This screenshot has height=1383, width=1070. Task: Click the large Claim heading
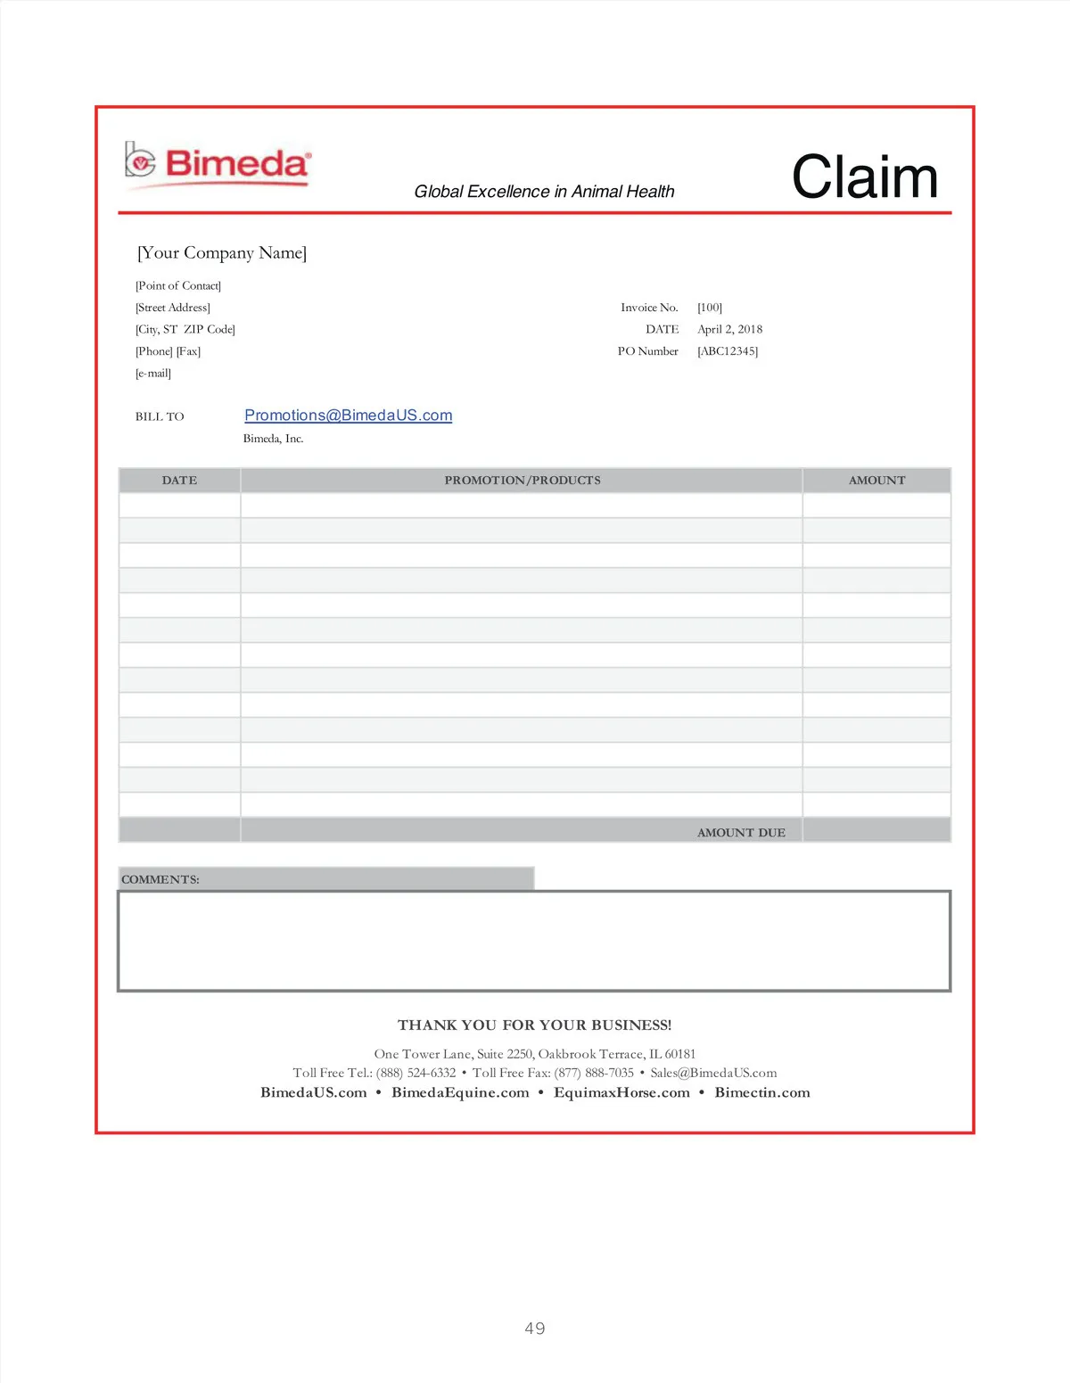click(864, 177)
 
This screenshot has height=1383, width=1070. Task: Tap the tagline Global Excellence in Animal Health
click(544, 192)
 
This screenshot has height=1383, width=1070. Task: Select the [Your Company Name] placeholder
click(222, 253)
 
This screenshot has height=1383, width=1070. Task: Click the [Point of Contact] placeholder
click(178, 286)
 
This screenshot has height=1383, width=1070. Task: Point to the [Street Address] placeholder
click(173, 308)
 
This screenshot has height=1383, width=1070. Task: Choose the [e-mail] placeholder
click(153, 374)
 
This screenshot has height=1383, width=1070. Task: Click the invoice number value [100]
click(710, 308)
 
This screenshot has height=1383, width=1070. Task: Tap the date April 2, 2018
click(729, 329)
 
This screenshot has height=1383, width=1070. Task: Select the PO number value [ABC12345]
click(728, 351)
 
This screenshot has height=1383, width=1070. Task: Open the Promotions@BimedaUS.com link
click(348, 416)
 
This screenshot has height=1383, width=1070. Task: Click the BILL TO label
click(160, 416)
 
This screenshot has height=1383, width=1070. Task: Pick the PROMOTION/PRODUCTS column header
click(523, 481)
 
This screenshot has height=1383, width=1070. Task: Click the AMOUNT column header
click(877, 481)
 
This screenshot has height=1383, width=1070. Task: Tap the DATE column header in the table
click(179, 481)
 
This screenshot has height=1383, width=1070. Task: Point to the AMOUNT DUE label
click(741, 833)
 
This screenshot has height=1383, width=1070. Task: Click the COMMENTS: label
click(160, 880)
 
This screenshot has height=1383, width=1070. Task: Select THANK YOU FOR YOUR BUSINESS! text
click(535, 1025)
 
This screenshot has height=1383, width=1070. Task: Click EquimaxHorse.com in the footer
click(621, 1093)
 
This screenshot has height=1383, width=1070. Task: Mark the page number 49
click(535, 1329)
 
